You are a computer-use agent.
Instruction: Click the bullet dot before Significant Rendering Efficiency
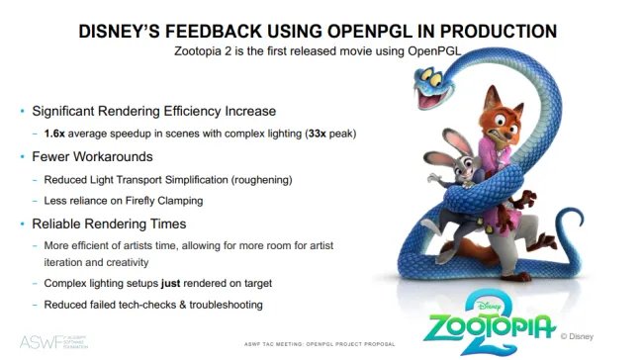[x=21, y=110]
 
